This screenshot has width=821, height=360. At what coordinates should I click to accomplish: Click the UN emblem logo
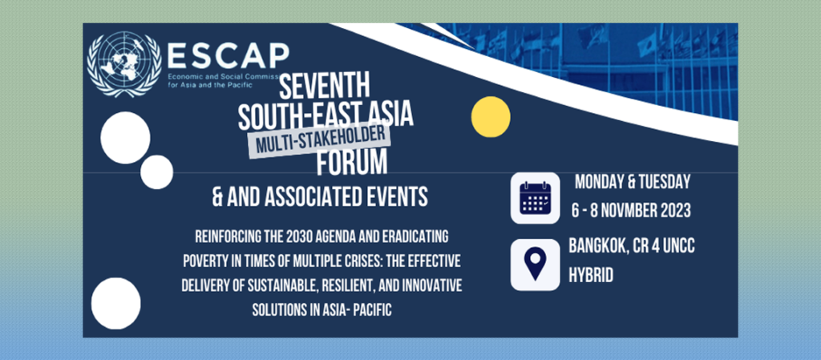click(x=124, y=64)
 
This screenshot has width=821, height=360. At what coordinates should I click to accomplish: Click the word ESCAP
click(x=229, y=56)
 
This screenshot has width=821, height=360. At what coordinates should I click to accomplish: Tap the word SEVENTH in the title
click(x=324, y=87)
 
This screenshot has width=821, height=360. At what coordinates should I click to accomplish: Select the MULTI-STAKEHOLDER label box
click(x=319, y=140)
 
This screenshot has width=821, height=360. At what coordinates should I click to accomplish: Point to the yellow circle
click(x=491, y=117)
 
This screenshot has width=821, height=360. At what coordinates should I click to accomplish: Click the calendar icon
click(x=535, y=198)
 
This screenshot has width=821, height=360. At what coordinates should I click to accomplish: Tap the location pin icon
click(x=535, y=265)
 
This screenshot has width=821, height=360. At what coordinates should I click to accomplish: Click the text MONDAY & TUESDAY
click(x=633, y=182)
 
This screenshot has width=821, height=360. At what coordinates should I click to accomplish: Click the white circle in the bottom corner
click(x=115, y=304)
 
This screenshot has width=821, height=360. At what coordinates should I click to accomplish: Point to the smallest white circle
click(x=156, y=172)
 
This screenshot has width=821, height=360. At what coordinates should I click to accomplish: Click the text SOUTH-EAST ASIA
click(x=326, y=115)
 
